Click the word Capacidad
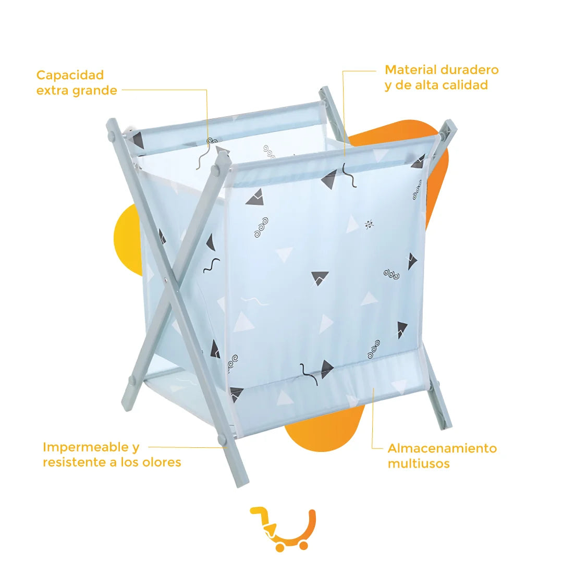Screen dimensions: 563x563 point(70,75)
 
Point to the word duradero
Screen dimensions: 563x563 point(469,70)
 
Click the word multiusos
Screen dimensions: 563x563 point(419,463)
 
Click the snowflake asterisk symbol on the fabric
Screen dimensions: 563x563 point(369,225)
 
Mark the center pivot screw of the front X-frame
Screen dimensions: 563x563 point(165,279)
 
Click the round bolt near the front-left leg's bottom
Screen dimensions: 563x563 point(131,380)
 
